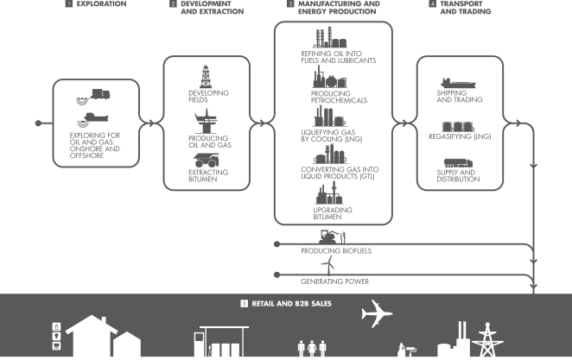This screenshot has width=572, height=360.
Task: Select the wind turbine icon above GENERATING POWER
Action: coord(326,267)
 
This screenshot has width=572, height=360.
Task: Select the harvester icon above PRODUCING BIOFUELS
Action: coord(327,236)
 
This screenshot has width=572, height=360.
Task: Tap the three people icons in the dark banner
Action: coord(308,348)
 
